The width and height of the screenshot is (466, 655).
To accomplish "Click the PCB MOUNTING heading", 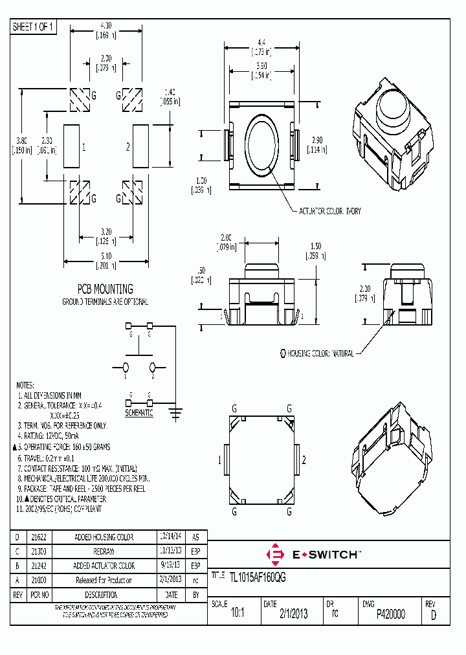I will pyautogui.click(x=105, y=289).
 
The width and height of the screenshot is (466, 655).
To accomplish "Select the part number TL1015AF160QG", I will pyautogui.click(x=258, y=577).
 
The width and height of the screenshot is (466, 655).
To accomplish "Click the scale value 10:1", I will pyautogui.click(x=238, y=615).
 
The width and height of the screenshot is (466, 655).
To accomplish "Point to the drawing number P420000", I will pyautogui.click(x=390, y=615).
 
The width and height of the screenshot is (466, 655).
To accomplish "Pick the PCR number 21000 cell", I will pyautogui.click(x=38, y=581).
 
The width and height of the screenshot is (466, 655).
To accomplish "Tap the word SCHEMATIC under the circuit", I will pyautogui.click(x=139, y=412).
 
